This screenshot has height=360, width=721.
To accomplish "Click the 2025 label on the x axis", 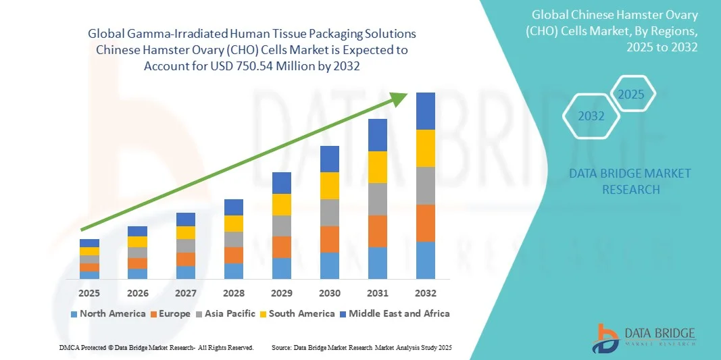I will pos(89,293).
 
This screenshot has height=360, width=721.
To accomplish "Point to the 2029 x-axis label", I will pos(282,293).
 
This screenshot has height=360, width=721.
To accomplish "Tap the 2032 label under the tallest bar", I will pos(426,293).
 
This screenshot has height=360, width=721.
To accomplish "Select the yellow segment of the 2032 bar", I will pos(426,148).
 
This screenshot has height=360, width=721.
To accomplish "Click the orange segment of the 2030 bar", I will pos(330,239).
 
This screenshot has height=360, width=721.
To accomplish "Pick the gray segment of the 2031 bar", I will pos(378,199).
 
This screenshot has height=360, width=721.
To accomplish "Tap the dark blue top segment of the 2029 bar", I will pos(282,183).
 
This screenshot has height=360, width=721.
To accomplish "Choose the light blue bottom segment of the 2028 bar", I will pos(234,271).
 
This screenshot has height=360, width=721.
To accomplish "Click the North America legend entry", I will pos(108,313).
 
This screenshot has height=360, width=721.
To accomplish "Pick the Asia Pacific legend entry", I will pos(225,313).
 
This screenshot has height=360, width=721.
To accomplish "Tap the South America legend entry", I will pos(297,313).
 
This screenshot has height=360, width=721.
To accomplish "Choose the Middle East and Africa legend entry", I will pos(395,313).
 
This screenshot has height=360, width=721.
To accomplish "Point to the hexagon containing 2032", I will pos(591,116).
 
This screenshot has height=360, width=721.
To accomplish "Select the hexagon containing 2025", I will pos(631,94).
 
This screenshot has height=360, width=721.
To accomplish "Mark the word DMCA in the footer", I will pos(68,347).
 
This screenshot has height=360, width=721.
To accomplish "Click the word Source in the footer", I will pos(280,347).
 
